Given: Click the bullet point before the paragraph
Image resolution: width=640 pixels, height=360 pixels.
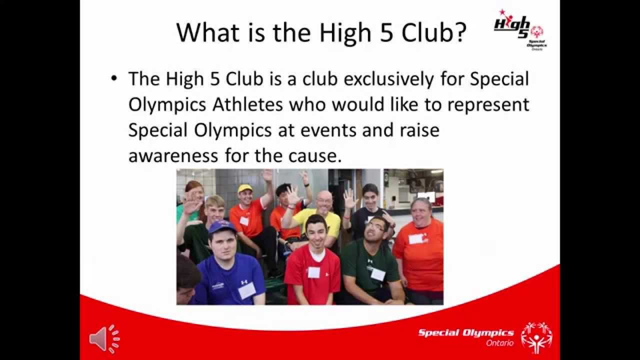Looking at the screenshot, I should (115, 79).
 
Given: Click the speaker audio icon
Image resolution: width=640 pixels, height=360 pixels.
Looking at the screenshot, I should (104, 339).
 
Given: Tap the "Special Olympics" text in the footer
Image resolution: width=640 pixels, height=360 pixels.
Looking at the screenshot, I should (465, 333).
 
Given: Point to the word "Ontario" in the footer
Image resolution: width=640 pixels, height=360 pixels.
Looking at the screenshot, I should (499, 343).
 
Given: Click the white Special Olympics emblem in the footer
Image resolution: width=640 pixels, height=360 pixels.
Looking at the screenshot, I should (536, 337).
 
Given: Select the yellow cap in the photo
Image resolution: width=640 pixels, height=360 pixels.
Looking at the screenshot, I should (245, 188).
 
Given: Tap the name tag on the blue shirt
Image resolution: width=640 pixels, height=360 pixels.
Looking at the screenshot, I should (246, 290).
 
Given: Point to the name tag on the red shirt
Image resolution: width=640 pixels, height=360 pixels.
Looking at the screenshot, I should (313, 272).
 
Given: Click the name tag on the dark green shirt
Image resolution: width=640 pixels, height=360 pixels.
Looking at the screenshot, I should (377, 274).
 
